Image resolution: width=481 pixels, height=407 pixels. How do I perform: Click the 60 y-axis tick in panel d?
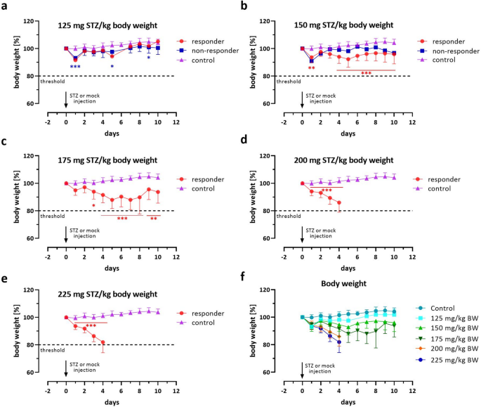(x=270, y=238)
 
